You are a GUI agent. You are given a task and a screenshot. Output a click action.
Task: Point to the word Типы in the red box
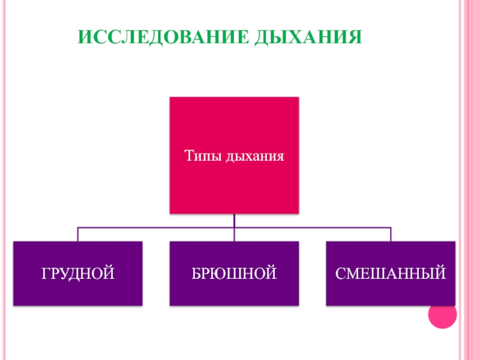coord(202,157)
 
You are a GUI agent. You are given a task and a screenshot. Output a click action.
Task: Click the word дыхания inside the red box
coord(254,157)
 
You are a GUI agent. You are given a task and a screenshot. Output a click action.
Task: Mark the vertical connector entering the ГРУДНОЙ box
coord(78,234)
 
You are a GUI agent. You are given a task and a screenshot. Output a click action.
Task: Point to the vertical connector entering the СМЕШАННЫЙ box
coord(391,234)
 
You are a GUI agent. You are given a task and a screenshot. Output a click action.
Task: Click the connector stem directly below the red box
coord(234,220)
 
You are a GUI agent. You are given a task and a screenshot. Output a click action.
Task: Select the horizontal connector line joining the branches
coord(156,227)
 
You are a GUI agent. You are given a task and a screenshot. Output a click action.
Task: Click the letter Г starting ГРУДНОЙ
coord(44,274)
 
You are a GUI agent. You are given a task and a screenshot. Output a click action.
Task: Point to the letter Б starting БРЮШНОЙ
coord(196,274)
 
